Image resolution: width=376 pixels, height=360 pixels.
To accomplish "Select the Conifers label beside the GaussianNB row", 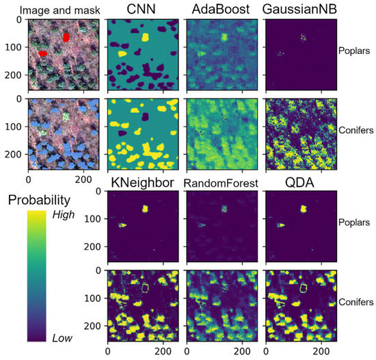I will [355, 129].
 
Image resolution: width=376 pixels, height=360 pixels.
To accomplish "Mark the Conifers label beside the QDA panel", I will [355, 301].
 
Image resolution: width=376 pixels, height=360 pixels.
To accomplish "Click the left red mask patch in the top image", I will [42, 52].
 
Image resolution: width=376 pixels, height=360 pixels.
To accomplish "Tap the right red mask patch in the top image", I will [66, 37].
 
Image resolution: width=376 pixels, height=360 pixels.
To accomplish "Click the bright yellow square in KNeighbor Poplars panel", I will [145, 209].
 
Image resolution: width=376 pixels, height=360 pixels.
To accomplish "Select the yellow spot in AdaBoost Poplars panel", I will [223, 36].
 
